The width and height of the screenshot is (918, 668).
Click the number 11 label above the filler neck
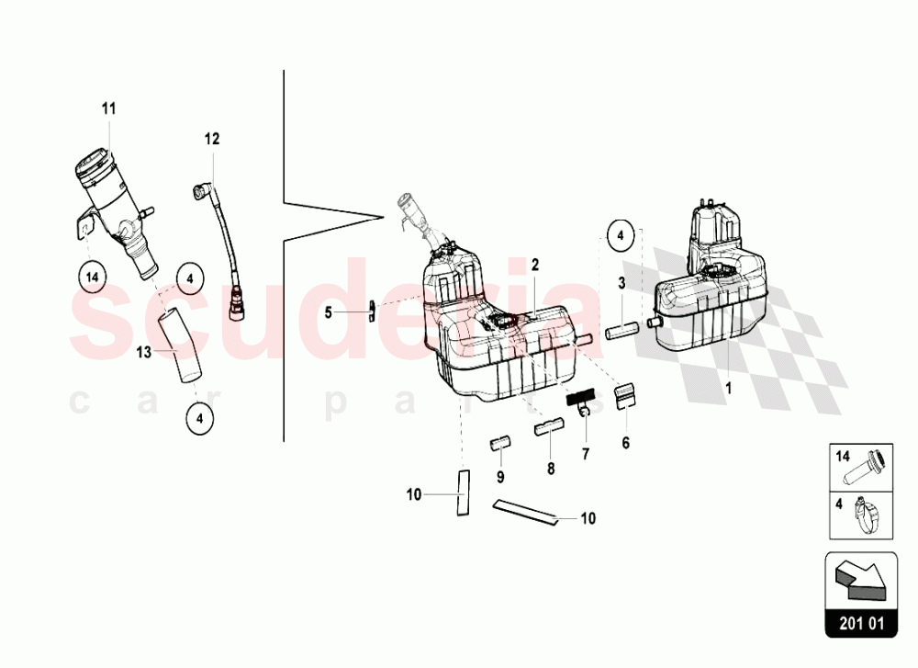108,109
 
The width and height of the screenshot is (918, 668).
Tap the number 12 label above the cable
212,140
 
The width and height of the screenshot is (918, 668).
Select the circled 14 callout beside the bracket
91,276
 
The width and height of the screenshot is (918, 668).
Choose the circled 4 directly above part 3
621,236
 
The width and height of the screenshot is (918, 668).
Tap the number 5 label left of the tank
328,312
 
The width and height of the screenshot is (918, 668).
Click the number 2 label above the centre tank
533,265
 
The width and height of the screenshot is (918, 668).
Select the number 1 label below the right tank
729,388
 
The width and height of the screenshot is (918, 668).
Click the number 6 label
626,443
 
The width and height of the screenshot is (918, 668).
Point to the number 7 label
585,454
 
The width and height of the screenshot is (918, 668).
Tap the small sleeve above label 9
500,445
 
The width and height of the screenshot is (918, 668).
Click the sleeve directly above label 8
550,425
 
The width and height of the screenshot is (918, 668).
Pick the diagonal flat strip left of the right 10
525,512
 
